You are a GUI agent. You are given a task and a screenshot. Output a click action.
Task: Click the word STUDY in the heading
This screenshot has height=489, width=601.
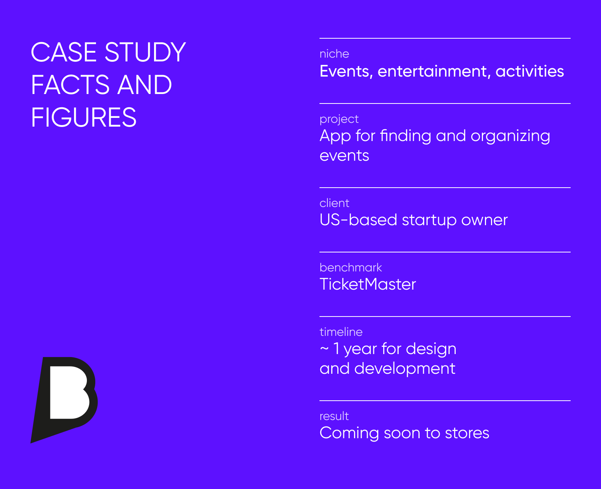click(x=145, y=52)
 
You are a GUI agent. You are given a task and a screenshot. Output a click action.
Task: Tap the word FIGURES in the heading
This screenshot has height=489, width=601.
click(x=83, y=118)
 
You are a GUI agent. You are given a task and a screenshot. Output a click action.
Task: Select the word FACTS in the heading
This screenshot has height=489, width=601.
click(x=71, y=85)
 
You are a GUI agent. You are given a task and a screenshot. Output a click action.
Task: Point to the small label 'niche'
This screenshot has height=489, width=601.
click(x=334, y=54)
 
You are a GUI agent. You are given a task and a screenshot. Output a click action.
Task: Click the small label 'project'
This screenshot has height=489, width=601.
click(x=339, y=119)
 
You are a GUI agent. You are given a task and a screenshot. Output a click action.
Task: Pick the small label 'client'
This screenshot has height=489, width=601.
click(x=334, y=203)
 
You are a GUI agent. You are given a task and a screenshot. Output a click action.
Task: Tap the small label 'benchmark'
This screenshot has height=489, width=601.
click(x=351, y=268)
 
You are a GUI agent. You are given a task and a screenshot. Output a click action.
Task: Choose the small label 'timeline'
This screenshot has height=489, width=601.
click(x=341, y=332)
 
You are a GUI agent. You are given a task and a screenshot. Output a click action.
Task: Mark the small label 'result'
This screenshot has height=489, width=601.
click(x=334, y=416)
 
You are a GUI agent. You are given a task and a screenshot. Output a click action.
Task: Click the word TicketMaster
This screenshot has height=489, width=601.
click(x=368, y=284)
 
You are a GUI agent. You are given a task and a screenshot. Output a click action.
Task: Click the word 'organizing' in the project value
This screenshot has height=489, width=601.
click(x=510, y=136)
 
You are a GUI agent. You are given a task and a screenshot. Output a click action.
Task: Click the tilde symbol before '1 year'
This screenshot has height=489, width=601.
click(x=324, y=348)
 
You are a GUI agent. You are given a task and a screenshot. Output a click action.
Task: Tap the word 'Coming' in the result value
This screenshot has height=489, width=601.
click(x=349, y=433)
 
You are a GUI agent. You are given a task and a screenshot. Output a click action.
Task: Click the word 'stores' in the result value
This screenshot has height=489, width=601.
click(x=467, y=433)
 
